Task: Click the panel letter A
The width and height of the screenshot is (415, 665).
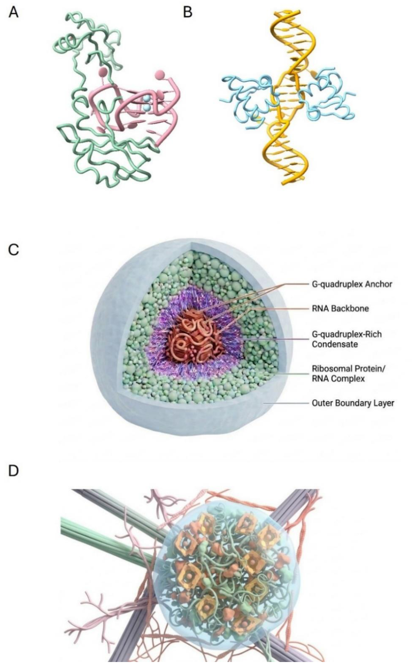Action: point(13,12)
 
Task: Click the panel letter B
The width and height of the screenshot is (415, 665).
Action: point(188,12)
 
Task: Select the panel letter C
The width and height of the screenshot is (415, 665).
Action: point(14,250)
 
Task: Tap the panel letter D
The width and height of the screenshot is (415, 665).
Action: point(14,471)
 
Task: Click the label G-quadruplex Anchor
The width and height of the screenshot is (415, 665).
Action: point(352,284)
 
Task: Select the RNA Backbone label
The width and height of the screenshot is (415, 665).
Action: point(340,309)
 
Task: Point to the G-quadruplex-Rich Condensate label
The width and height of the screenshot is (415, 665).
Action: point(347,339)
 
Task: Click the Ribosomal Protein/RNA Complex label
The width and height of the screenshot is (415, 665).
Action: point(348,374)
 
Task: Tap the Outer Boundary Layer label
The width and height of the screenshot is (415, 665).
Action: point(353,403)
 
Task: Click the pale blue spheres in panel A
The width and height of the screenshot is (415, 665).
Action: point(146,103)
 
